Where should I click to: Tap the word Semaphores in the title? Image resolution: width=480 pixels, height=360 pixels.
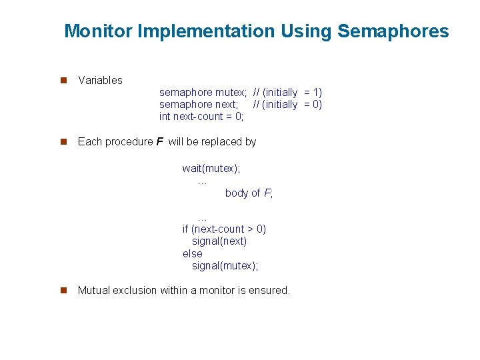coord(393,31)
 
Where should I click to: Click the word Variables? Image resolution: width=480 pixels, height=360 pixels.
coord(100,80)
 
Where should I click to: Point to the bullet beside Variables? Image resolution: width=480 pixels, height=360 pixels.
coord(64,80)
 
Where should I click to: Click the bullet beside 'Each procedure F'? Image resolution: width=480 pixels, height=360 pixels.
coord(64,141)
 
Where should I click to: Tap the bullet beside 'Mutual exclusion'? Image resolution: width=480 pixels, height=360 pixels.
coord(64,290)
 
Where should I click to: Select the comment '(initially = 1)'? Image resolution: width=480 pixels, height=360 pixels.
coord(293,92)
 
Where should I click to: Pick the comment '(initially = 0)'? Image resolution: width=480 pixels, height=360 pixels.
coord(293,104)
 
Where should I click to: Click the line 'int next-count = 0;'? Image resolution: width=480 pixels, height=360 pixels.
coord(201,117)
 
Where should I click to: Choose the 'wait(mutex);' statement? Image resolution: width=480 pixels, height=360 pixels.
coord(211,169)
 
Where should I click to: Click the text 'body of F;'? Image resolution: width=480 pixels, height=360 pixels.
coord(249,193)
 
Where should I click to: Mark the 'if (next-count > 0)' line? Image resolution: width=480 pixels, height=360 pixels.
coord(224,229)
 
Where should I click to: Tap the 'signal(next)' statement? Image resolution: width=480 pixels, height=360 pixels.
coord(219,241)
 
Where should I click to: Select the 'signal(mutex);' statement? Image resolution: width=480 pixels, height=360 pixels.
coord(225,265)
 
